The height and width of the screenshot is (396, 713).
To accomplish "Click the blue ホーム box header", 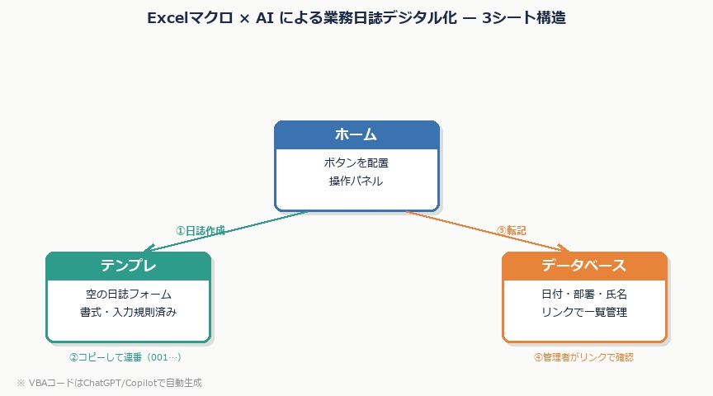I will [356, 134].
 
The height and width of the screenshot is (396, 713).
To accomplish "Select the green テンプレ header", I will [128, 266].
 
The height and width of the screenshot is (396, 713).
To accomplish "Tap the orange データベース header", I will [583, 266].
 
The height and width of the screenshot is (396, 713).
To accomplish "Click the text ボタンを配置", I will [356, 163].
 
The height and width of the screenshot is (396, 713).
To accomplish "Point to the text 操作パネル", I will [356, 181].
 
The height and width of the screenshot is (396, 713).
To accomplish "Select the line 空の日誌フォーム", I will [128, 294].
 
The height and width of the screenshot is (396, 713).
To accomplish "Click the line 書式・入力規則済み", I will [128, 312].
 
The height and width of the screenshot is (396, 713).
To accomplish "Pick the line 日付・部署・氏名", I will [583, 294].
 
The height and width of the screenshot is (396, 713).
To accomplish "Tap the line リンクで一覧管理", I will [583, 312].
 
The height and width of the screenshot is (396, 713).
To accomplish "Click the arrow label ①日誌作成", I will [200, 230].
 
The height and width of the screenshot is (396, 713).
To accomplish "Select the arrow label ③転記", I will [511, 230].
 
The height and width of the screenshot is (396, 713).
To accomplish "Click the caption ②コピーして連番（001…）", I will [125, 357].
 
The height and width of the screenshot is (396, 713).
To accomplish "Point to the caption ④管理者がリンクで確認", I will [583, 357].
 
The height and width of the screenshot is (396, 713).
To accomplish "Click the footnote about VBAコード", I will [109, 383].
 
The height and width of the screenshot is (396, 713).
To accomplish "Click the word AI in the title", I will [266, 18].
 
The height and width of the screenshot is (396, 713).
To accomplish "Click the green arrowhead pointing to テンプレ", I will [149, 249].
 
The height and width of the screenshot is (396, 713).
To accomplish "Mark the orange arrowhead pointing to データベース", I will [564, 249].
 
